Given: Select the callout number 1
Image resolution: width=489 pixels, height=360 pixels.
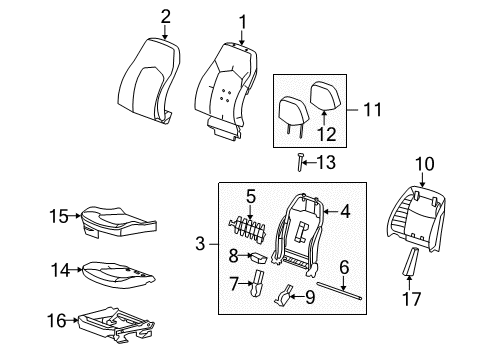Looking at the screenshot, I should tap(240, 21).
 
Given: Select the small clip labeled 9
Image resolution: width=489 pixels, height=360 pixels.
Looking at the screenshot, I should tap(287, 295).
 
